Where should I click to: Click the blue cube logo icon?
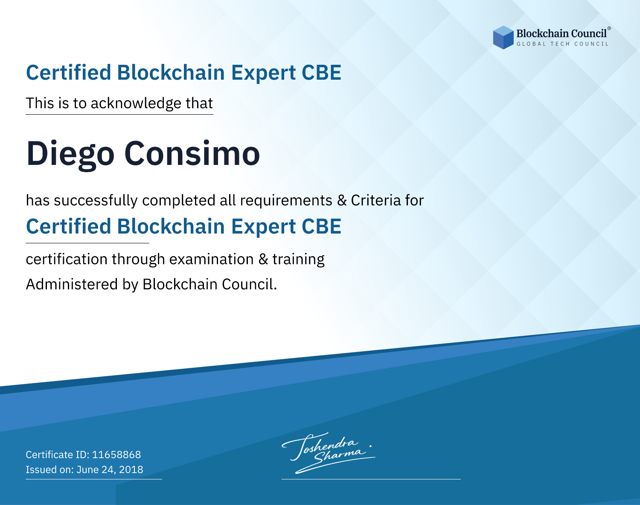(x=503, y=38)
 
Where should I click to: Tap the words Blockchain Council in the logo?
(x=561, y=34)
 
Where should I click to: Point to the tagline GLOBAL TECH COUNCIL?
(x=562, y=44)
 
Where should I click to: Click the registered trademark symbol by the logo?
(x=609, y=28)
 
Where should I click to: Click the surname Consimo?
(x=192, y=153)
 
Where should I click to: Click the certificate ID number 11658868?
(x=116, y=454)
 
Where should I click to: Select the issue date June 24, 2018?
(x=110, y=470)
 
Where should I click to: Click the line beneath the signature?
(x=371, y=479)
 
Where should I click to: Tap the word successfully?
(x=96, y=201)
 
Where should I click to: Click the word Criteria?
(x=375, y=200)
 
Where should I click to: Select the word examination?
(x=211, y=259)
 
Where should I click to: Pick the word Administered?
(x=72, y=284)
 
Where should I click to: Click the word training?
(x=298, y=260)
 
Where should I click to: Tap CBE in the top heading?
(x=321, y=73)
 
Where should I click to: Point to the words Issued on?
(x=49, y=470)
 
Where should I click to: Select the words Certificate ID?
(x=58, y=455)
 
